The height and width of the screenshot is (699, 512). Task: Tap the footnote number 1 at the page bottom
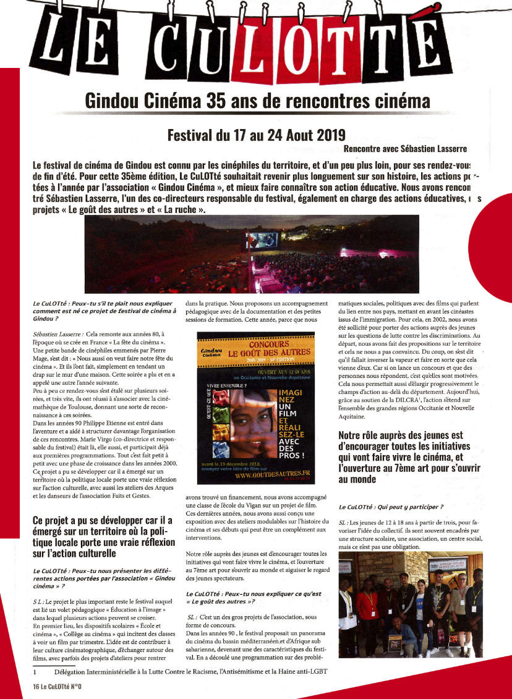pos(36,672)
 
